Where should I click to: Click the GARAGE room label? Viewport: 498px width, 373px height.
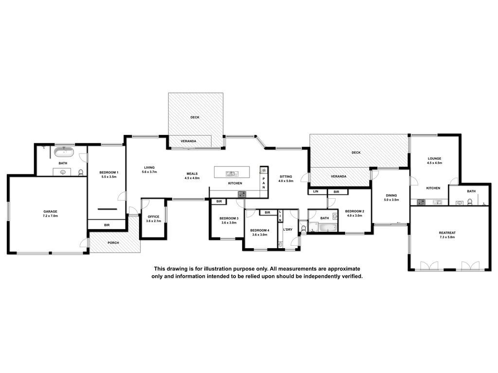click(x=50, y=212)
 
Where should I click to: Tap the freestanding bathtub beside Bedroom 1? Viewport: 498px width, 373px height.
click(x=64, y=152)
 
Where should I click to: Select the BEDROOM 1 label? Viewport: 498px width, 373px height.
click(x=109, y=172)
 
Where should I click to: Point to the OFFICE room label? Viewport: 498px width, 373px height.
click(x=153, y=217)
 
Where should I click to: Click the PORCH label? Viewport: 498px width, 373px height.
click(x=113, y=243)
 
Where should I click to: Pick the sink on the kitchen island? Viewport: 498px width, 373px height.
click(x=231, y=173)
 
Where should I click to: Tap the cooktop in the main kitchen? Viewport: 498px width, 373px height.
click(x=242, y=194)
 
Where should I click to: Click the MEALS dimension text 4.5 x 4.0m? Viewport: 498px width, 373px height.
click(x=192, y=178)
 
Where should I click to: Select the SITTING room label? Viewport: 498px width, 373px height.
click(x=286, y=177)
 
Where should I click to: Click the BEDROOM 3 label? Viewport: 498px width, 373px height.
click(x=229, y=218)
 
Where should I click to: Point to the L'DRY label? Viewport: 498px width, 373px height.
click(x=288, y=229)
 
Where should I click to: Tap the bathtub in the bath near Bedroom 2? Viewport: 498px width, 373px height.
click(x=327, y=228)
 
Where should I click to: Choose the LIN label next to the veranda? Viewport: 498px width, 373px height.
click(x=316, y=191)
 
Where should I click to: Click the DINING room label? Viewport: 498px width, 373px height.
click(x=391, y=196)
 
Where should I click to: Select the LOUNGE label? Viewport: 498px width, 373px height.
click(x=434, y=159)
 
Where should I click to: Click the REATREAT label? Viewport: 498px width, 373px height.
click(x=447, y=233)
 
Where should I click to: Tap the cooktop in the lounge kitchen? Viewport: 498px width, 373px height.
click(x=421, y=202)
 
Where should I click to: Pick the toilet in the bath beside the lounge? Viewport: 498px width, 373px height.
click(x=470, y=202)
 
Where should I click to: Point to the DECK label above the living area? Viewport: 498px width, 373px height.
click(x=195, y=118)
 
